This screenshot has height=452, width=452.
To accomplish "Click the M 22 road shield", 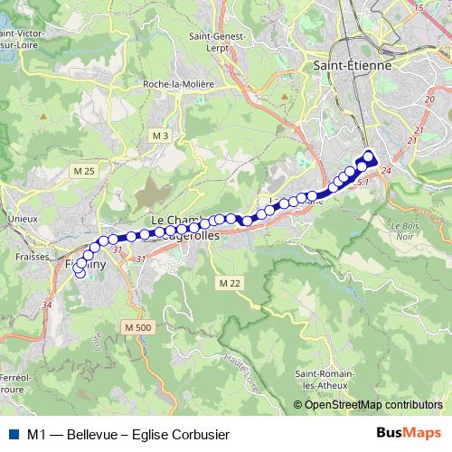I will coord(230,283).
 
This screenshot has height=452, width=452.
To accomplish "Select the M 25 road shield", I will coord(85,171).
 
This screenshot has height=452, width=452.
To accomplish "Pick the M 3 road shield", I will coord(161,136).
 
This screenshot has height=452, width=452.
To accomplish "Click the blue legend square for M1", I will coord(14,434).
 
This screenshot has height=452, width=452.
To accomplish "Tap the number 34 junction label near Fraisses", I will coord(48,306).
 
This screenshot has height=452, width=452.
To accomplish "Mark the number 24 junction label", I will coord(386,171).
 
